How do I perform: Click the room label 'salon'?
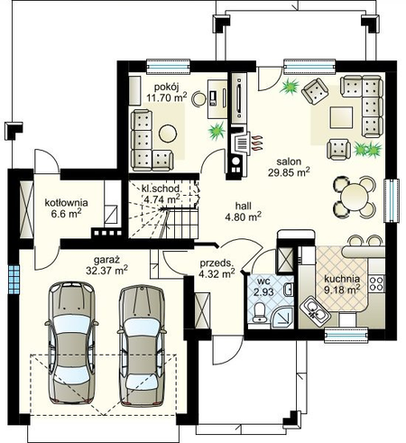pyautogui.click(x=289, y=162)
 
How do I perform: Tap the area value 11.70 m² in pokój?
pyautogui.click(x=167, y=97)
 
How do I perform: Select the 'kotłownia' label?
pyautogui.click(x=66, y=202)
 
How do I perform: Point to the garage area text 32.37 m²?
pyautogui.click(x=106, y=270)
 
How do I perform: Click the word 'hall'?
pyautogui.click(x=244, y=206)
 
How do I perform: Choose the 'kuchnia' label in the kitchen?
pyautogui.click(x=342, y=279)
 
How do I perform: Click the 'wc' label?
pyautogui.click(x=263, y=281)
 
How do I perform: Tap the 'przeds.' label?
pyautogui.click(x=217, y=263)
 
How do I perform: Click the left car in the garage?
pyautogui.click(x=72, y=343)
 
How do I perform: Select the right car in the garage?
pyautogui.click(x=142, y=346)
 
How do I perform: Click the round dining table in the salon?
pyautogui.click(x=355, y=197)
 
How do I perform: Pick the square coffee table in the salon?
pyautogui.click(x=341, y=117)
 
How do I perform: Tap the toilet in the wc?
pyautogui.click(x=259, y=312)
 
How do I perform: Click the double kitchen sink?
pyautogui.click(x=315, y=311)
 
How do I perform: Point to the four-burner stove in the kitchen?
pyautogui.click(x=376, y=283)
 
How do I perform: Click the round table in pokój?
pyautogui.click(x=168, y=134)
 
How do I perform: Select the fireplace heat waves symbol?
pyautogui.click(x=257, y=143)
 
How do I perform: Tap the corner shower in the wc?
pyautogui.click(x=282, y=318)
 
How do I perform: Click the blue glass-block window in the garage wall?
pyautogui.click(x=14, y=280)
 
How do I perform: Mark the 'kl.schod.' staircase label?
pyautogui.click(x=161, y=189)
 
